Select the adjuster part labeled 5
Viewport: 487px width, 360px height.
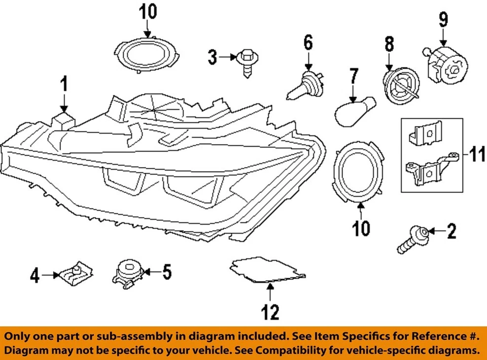127,273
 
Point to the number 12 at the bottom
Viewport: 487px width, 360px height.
270,312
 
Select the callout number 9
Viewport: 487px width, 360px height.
443,20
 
